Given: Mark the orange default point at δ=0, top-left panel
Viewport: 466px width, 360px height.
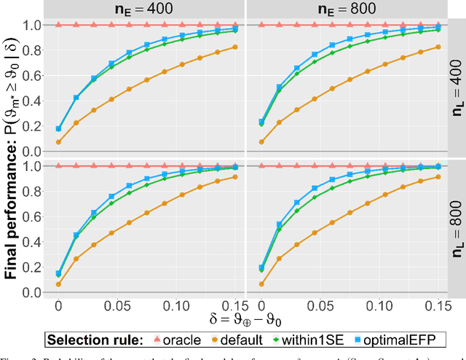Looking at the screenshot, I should (x=58, y=142).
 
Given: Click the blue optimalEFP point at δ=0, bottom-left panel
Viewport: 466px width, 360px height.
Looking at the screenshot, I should (x=58, y=273).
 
